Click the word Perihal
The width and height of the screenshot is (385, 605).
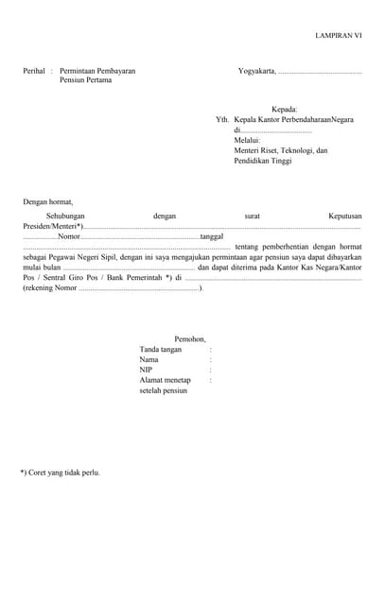pyautogui.click(x=35, y=71)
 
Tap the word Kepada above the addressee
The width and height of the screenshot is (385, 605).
pyautogui.click(x=285, y=110)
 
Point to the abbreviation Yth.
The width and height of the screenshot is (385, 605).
pyautogui.click(x=222, y=120)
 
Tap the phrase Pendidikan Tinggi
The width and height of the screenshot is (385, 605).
pyautogui.click(x=263, y=161)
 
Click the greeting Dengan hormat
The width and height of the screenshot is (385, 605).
pyautogui.click(x=47, y=201)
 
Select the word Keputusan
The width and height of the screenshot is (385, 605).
pyautogui.click(x=344, y=216)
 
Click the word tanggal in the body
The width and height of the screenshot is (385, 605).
pyautogui.click(x=212, y=236)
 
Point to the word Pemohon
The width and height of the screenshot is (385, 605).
pyautogui.click(x=190, y=338)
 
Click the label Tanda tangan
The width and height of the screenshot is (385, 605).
pyautogui.click(x=160, y=349)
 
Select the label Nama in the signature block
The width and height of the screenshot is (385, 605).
pyautogui.click(x=149, y=359)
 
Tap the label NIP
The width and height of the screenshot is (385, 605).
pyautogui.click(x=146, y=370)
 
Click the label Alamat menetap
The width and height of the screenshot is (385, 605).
pyautogui.click(x=165, y=380)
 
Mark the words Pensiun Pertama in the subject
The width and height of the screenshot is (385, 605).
pyautogui.click(x=85, y=81)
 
